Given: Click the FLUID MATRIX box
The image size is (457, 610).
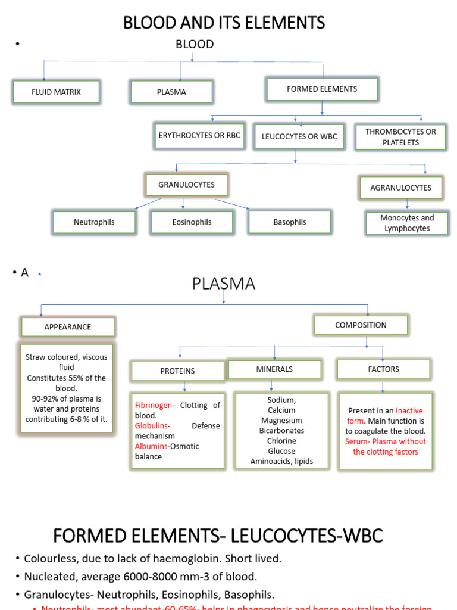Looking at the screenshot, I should (x=56, y=92).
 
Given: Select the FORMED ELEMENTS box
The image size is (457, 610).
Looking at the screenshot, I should (x=322, y=89).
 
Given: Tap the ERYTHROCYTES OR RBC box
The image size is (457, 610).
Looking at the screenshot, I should (x=199, y=136).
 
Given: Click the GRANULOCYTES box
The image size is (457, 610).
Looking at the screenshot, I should (x=186, y=185).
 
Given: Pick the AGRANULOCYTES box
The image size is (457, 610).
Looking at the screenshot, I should (x=401, y=188).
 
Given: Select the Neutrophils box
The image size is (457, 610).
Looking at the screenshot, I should (x=94, y=222).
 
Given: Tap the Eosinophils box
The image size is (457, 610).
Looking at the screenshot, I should (x=192, y=222).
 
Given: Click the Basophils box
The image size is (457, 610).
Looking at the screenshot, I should (x=290, y=222).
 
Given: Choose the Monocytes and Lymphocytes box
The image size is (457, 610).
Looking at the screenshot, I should (x=407, y=223).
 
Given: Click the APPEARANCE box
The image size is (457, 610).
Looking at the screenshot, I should (x=68, y=327).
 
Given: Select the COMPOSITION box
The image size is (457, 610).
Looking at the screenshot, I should (x=361, y=325).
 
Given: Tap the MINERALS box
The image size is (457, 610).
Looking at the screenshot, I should (x=274, y=369).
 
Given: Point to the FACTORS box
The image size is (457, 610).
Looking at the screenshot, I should (x=384, y=369).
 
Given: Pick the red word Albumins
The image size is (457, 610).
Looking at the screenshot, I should (x=151, y=446).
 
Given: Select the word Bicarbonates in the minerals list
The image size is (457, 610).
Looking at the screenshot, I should (x=281, y=431).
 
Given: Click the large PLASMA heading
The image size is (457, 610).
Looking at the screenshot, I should (x=223, y=284).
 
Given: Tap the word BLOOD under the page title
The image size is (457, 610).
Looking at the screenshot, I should (x=194, y=45).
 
